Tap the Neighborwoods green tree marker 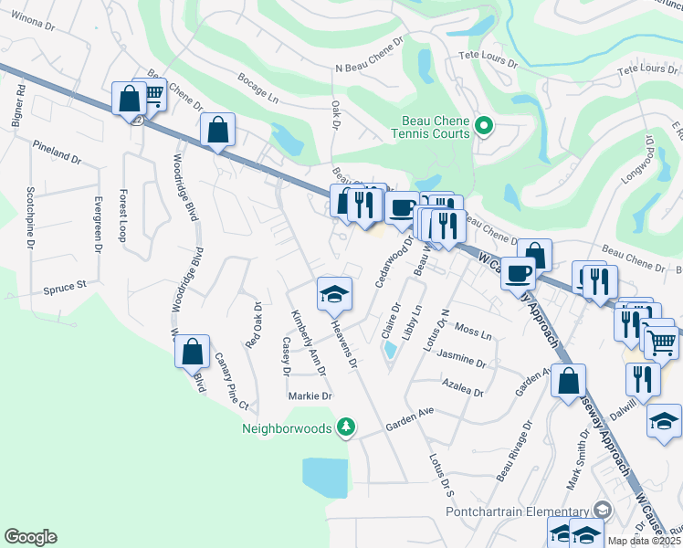point(345,427)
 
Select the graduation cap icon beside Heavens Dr point(334,294)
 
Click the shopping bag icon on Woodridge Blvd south point(192,353)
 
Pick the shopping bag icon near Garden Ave point(568,380)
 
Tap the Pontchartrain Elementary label point(517,511)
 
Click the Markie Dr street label point(310,396)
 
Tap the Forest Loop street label point(121,216)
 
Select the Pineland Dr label point(57,152)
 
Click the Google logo point(31,537)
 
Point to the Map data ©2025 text point(645,541)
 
